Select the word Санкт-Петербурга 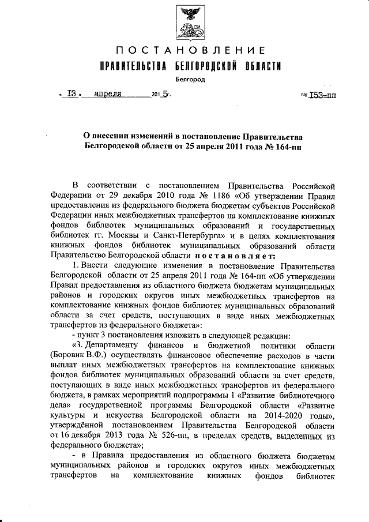(x=195, y=236)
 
